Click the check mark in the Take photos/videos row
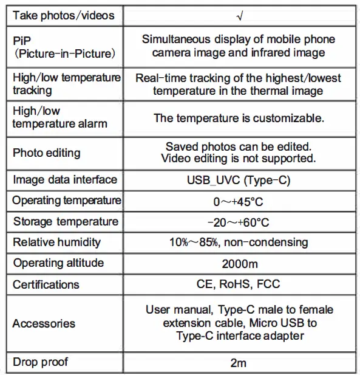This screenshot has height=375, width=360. tap(239, 15)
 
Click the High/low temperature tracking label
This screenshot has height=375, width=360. tap(66, 84)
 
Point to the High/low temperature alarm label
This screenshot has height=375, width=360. tap(59, 117)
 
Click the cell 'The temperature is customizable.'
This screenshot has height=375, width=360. tap(239, 118)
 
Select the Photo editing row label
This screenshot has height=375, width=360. tap(46, 153)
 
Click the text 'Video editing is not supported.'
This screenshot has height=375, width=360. tap(239, 159)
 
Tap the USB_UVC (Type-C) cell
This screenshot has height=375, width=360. tap(239, 180)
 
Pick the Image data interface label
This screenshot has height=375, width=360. tap(65, 180)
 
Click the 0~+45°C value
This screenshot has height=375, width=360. tap(239, 201)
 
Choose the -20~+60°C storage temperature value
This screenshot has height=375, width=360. tap(239, 222)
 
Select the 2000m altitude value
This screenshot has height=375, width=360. tap(239, 263)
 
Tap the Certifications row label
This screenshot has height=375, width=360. tap(46, 284)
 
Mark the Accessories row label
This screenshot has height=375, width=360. tap(44, 323)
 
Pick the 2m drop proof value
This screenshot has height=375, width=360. tap(239, 363)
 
